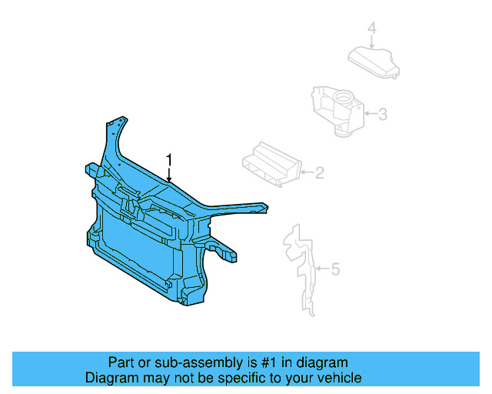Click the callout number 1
point(170,159)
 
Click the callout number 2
point(319,173)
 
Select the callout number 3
point(382,115)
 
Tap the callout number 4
point(372,29)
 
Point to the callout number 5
point(335,269)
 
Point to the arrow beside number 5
point(322,269)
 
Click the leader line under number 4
point(372,42)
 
